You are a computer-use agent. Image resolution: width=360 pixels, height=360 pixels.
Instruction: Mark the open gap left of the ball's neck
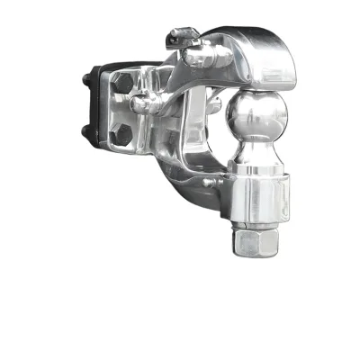coord(216,135)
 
